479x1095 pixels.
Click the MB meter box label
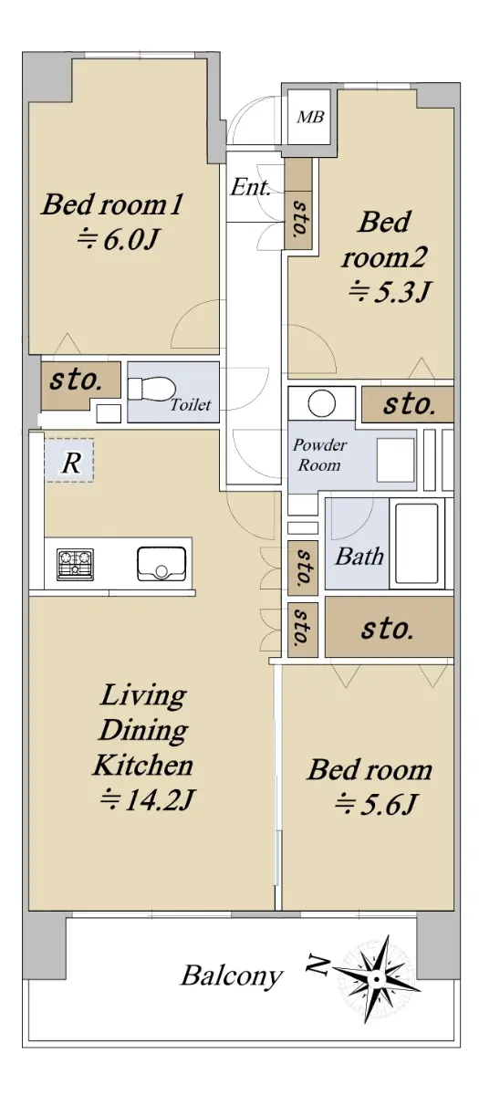(310, 118)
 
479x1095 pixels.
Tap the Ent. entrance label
(251, 187)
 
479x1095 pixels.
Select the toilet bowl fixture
(151, 389)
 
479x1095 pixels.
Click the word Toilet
(191, 405)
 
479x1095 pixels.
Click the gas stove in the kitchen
(75, 565)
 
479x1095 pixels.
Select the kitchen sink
(161, 564)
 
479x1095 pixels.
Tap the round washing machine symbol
(321, 403)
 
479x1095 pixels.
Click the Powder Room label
(319, 454)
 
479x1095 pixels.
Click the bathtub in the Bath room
(417, 544)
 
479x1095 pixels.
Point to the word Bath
(359, 557)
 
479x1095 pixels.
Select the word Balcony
(232, 976)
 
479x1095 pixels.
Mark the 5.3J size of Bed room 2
(389, 292)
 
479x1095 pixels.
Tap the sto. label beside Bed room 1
(76, 380)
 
